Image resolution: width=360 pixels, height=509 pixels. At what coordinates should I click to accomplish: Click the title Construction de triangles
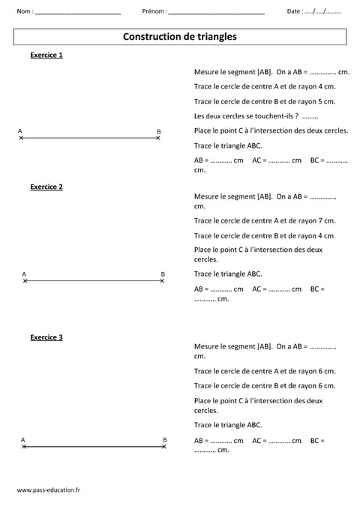pos(179,36)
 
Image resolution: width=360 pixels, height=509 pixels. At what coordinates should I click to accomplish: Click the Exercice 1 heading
pos(46,56)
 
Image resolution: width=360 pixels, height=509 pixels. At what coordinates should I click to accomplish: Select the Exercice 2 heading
pos(46,187)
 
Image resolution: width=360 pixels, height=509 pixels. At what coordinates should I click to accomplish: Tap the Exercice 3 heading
pos(46,337)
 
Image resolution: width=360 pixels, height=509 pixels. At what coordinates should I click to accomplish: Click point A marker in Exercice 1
pos(21,139)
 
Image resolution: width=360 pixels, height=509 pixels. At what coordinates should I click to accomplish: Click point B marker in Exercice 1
pos(157,139)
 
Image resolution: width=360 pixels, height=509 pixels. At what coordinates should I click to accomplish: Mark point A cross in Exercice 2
pos(25,280)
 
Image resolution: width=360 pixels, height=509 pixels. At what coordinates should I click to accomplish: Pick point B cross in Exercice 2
pos(163,280)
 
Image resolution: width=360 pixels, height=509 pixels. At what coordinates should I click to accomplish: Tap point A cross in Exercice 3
pos(24,446)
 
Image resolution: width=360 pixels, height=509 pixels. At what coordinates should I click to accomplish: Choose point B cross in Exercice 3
pos(164,446)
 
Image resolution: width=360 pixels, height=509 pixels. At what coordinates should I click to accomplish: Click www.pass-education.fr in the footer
pos(48,490)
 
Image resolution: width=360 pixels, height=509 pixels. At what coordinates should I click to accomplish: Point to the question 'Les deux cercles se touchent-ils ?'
pos(245,115)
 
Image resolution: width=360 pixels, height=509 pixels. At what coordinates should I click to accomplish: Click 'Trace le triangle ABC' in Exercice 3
pos(227,424)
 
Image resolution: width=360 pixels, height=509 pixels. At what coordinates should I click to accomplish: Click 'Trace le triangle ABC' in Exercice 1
pos(227,145)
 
